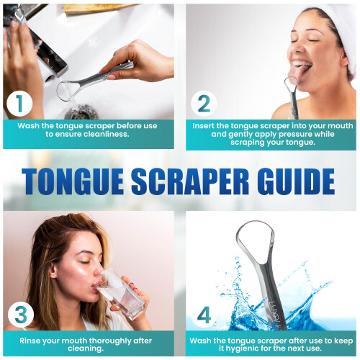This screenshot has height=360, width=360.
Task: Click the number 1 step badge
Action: pyautogui.click(x=19, y=104)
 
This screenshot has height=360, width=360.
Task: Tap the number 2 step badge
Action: pyautogui.click(x=204, y=104)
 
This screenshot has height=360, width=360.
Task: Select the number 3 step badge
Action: pyautogui.click(x=21, y=315)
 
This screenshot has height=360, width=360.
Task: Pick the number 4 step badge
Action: pyautogui.click(x=204, y=315)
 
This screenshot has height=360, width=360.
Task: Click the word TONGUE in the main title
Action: pyautogui.click(x=73, y=181)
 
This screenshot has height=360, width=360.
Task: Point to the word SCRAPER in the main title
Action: pyautogui.click(x=190, y=181)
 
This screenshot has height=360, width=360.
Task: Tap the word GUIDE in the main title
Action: pyautogui.click(x=296, y=181)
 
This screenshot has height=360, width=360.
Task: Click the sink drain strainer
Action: pyautogui.click(x=81, y=112)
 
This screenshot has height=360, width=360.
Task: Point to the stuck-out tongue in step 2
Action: pyautogui.click(x=297, y=74)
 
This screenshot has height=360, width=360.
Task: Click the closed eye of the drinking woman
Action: pyautogui.click(x=85, y=262)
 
